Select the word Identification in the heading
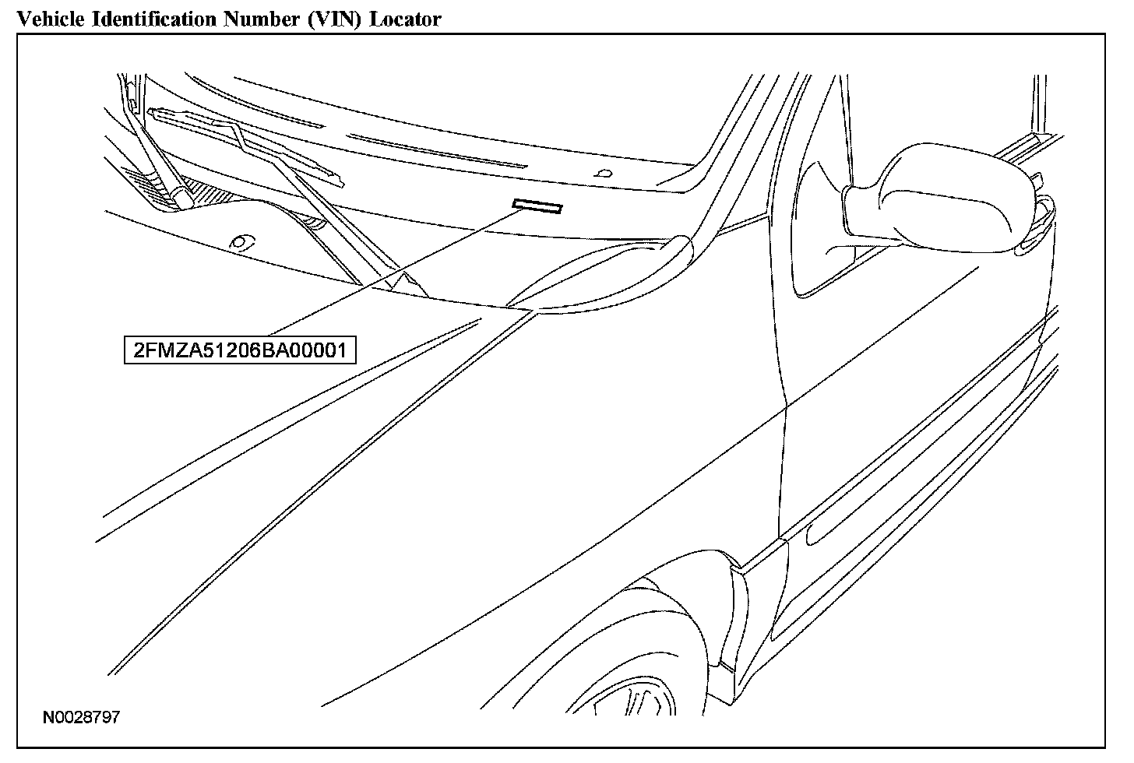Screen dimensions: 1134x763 click(x=153, y=19)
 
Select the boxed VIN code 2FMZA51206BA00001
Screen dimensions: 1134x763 click(x=240, y=350)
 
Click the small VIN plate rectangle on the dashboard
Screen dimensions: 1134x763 click(x=537, y=206)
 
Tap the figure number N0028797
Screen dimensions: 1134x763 click(x=81, y=717)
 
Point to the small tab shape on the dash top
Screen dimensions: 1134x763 click(x=601, y=173)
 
